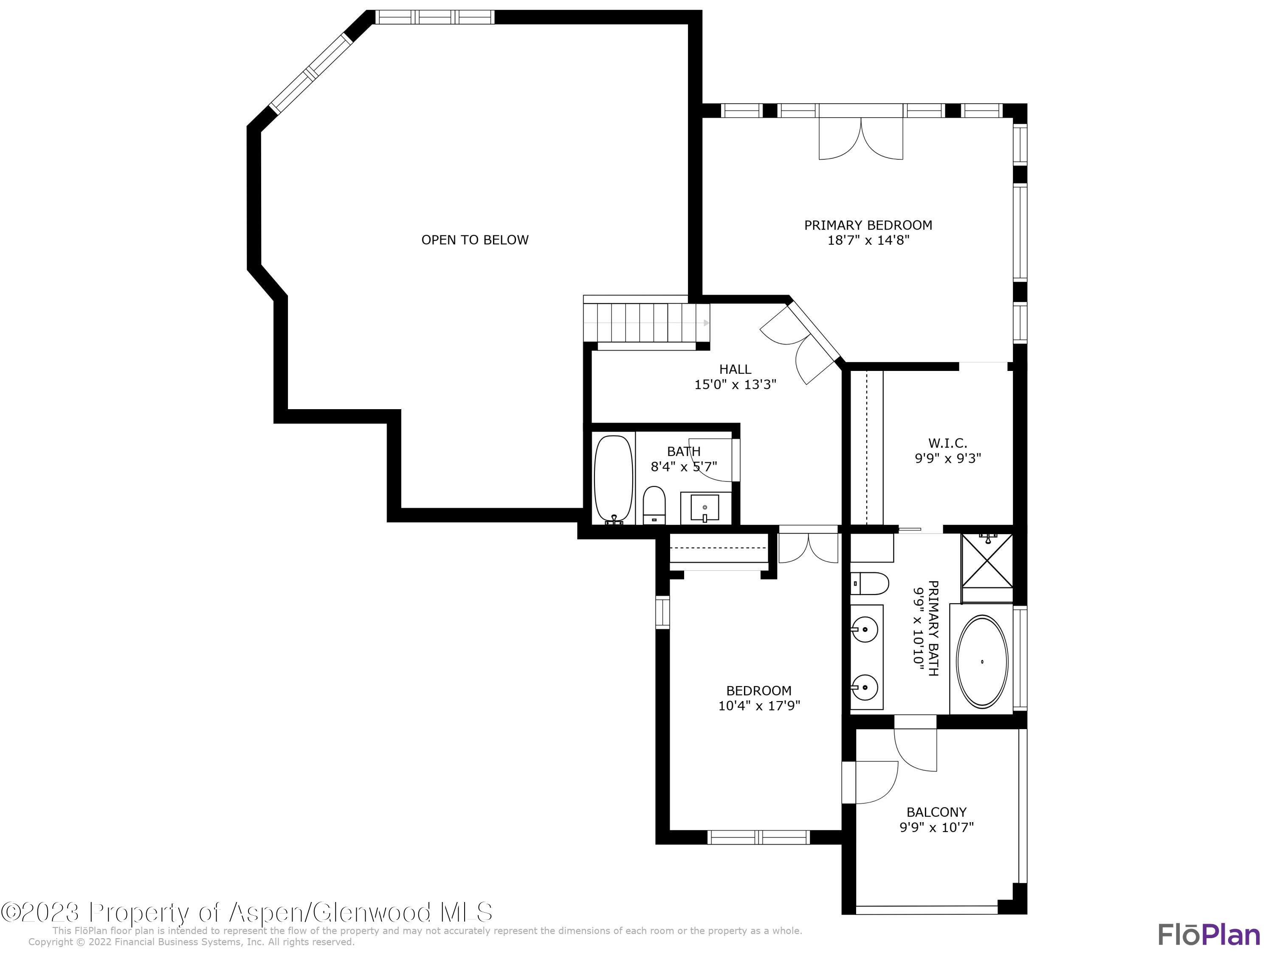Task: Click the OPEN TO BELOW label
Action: coord(475,240)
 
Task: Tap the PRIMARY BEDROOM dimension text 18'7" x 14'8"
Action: coord(868,240)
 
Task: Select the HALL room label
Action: coord(735,369)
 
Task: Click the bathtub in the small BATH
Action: coord(613,479)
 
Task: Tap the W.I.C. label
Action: coord(947,443)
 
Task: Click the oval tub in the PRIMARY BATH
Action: coord(982,662)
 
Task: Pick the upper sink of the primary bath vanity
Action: coord(865,629)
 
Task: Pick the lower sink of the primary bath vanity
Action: coord(865,687)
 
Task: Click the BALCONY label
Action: coord(936,812)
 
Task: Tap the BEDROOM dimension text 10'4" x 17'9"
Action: coord(759,705)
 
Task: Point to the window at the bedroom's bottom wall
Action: coord(758,837)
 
